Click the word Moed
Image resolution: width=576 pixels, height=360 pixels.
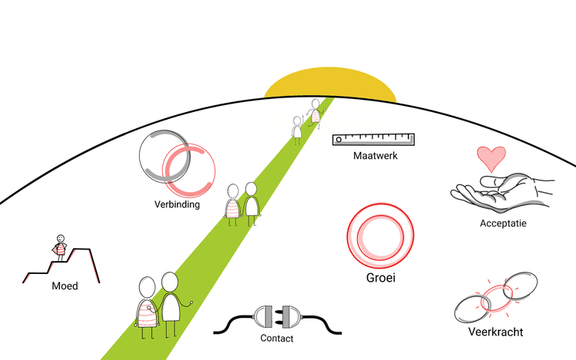65,286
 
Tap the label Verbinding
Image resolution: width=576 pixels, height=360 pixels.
177,205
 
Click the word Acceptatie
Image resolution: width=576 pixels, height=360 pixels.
502,223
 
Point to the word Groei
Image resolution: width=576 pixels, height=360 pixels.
380,278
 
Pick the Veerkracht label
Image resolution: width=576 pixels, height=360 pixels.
495,332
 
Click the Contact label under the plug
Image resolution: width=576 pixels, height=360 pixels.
276,338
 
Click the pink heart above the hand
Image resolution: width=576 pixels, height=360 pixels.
491,159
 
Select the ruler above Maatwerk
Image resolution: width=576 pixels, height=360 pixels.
373,139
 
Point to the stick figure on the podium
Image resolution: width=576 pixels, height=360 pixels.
60,247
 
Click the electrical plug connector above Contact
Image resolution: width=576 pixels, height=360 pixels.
276,318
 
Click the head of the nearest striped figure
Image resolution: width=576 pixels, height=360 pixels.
147,288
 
